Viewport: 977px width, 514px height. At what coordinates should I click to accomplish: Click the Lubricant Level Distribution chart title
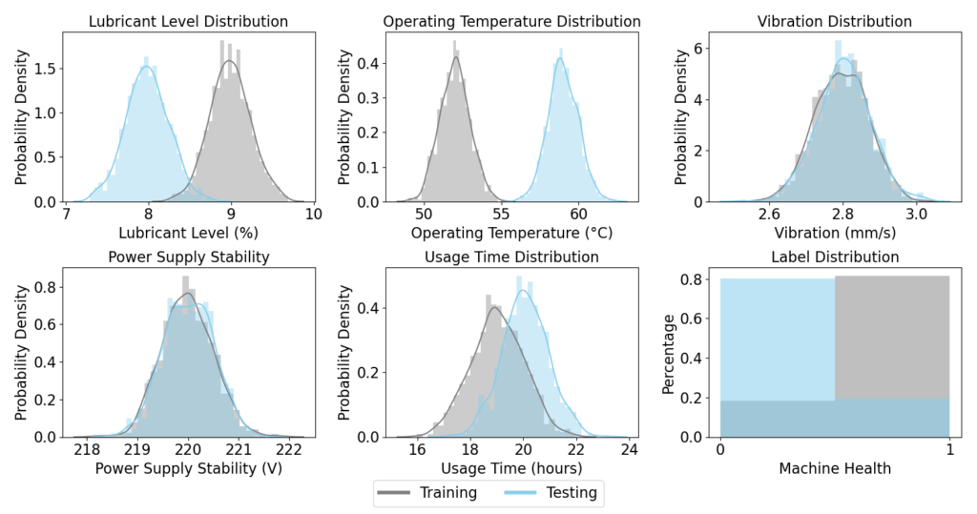[188, 21]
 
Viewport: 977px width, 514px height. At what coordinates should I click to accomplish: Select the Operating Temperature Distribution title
[511, 21]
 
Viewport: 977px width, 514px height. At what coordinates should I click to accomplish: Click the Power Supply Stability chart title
[188, 257]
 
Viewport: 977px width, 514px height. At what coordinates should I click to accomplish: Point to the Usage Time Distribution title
[511, 257]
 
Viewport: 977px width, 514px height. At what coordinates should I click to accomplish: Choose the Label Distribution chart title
[834, 257]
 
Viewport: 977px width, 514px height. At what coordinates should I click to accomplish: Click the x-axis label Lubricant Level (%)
[188, 233]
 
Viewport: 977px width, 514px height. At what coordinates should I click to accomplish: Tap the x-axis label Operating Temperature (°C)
[511, 233]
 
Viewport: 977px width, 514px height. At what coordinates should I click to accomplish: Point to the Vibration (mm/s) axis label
[834, 233]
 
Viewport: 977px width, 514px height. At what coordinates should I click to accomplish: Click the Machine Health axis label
[834, 468]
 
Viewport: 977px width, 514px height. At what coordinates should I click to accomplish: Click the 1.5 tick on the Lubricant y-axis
[45, 68]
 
